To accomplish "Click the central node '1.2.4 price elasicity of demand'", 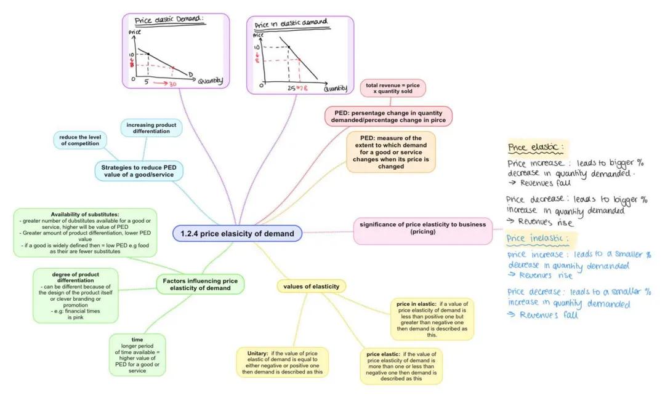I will coord(238,234).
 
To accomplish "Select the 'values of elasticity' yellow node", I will coord(311,286).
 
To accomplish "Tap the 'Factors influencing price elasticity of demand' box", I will coord(200,284).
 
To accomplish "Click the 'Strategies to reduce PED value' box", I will coord(139,170).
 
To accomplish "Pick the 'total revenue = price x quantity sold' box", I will coord(393,88).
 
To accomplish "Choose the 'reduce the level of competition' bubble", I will coord(79,140).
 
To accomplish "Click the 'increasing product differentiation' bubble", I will coord(151,128).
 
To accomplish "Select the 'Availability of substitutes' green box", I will coord(85,233).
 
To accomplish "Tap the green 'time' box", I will coord(137,355).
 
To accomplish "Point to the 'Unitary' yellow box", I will coord(282,362).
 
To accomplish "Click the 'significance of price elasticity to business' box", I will coord(423,228).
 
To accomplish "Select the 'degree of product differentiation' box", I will coord(75,295).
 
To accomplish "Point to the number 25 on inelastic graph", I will coord(291,88).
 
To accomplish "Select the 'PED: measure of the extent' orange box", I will coord(391,152).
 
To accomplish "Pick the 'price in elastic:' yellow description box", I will coord(432,319).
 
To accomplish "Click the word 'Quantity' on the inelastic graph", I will coord(336,88).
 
